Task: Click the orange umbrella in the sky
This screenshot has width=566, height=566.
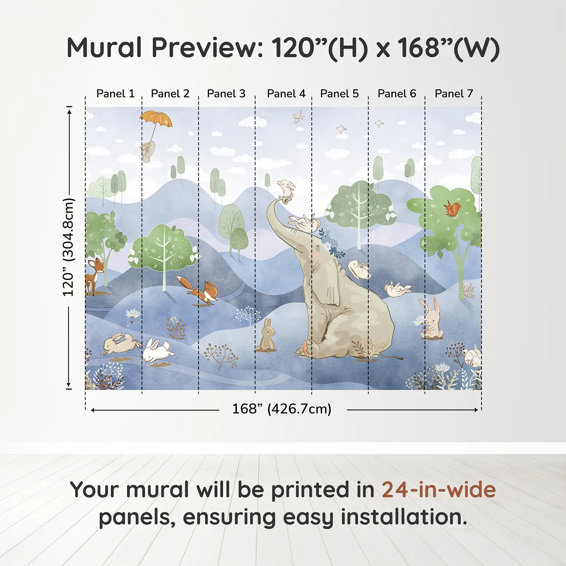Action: (x=156, y=119)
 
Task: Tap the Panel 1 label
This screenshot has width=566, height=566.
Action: (x=116, y=94)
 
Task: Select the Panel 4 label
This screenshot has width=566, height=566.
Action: (x=286, y=94)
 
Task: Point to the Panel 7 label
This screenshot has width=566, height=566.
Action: (x=454, y=94)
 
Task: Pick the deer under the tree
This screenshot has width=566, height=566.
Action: (x=94, y=276)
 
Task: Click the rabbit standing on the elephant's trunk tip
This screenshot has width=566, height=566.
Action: (x=286, y=188)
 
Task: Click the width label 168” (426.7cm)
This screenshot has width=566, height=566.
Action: (x=282, y=409)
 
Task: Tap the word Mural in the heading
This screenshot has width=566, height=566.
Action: (x=104, y=48)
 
